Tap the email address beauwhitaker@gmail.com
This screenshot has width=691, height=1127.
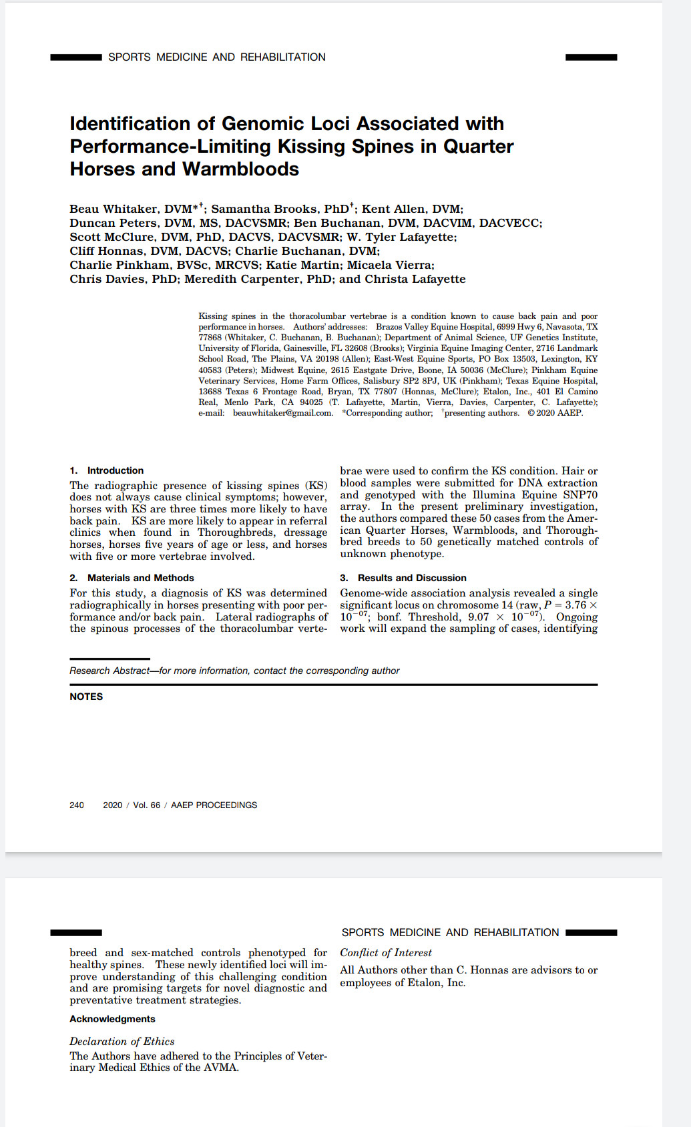click(x=282, y=413)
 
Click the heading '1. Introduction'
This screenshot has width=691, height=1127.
click(x=107, y=470)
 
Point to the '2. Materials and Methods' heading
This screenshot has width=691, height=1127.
click(x=132, y=578)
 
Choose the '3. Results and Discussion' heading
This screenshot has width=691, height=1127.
click(x=403, y=578)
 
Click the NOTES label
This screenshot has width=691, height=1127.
click(x=86, y=697)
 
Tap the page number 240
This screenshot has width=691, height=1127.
click(x=77, y=805)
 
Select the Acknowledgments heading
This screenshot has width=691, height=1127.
click(x=112, y=1019)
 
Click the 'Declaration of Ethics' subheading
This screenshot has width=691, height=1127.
click(x=122, y=1041)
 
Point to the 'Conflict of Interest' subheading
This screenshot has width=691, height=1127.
click(x=386, y=953)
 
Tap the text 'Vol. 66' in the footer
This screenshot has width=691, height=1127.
click(x=147, y=805)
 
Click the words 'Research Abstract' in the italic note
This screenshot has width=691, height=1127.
click(x=109, y=671)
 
